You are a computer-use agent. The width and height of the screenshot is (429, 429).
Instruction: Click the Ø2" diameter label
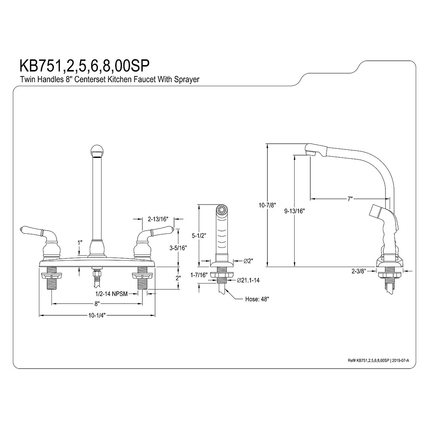point(249,261)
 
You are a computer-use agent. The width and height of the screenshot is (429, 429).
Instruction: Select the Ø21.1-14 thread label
point(248,280)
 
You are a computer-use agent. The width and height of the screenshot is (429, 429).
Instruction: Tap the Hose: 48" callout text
point(257,299)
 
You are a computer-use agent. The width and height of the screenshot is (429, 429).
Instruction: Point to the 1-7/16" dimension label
point(199,275)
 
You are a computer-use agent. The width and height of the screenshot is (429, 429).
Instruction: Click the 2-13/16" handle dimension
point(158,219)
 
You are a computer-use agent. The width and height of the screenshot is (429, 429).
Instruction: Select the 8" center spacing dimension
point(97,304)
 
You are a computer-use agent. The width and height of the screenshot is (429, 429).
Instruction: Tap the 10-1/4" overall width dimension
point(97,315)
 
